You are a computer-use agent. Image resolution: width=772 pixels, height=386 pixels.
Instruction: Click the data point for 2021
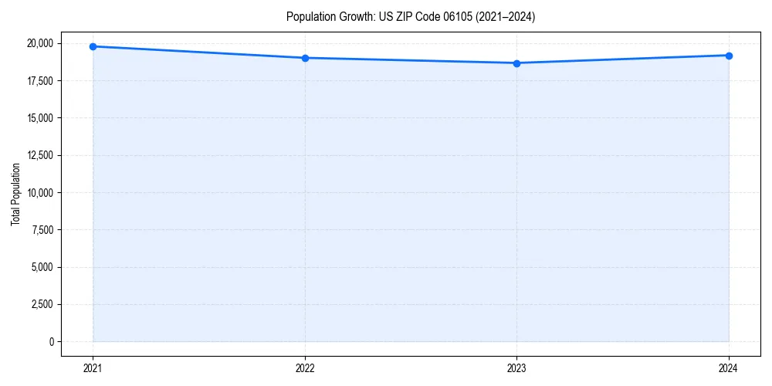[93, 46]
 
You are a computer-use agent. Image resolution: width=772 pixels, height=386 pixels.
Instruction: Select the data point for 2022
[305, 58]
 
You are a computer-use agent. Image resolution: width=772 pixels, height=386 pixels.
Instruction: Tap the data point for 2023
[517, 63]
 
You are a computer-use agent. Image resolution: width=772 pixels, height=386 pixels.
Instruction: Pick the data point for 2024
[729, 56]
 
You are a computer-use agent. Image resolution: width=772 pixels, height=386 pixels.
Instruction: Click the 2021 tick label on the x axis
[93, 367]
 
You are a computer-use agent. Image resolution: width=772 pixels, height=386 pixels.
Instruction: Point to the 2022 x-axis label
[305, 367]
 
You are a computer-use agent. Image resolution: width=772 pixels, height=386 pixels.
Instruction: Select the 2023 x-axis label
[517, 367]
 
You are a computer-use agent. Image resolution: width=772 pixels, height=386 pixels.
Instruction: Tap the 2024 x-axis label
[729, 367]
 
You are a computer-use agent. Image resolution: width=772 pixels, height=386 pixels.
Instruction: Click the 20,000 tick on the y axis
[40, 43]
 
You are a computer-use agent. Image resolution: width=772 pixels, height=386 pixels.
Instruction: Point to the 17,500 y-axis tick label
[40, 81]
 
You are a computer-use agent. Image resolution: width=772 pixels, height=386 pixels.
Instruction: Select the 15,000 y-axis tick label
[40, 118]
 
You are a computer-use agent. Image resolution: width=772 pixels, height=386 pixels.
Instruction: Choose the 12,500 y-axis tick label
[40, 155]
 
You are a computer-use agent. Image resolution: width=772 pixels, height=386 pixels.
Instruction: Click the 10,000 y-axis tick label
[40, 193]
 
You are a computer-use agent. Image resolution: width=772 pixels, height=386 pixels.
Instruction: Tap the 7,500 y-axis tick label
[42, 230]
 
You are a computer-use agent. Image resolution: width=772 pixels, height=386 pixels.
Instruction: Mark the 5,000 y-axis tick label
[42, 267]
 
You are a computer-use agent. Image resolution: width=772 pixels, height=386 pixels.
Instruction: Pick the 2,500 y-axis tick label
[42, 304]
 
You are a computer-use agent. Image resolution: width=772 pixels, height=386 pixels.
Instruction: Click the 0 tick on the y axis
[52, 342]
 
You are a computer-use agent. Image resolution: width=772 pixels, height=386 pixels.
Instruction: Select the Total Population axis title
[15, 194]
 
